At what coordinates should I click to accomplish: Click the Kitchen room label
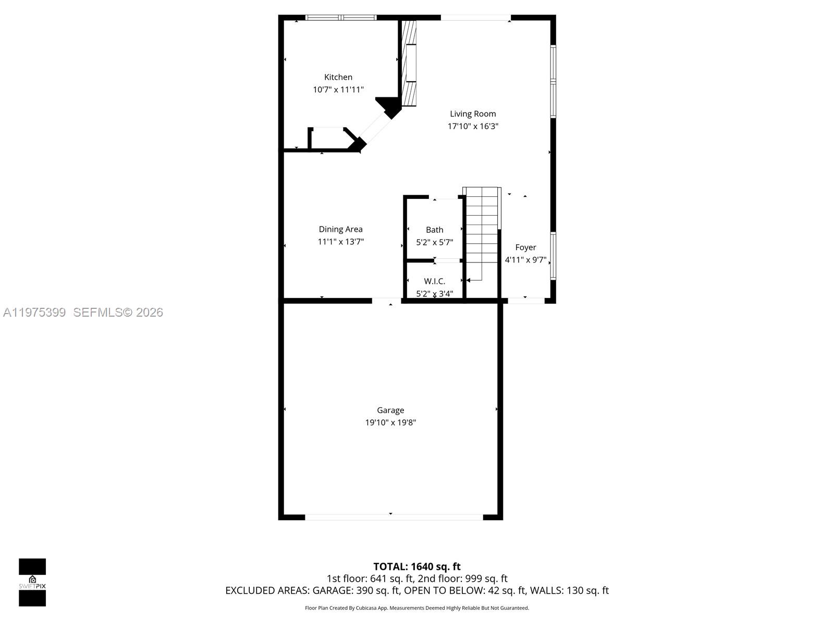[338, 77]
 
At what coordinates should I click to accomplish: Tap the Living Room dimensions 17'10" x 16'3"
[473, 126]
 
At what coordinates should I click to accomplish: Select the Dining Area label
[340, 229]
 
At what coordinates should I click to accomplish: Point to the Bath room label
[434, 230]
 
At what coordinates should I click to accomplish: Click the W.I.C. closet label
[434, 281]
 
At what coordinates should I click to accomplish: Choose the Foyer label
[525, 247]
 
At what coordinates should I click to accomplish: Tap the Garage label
[390, 410]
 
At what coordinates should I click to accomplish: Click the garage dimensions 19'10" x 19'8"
[390, 422]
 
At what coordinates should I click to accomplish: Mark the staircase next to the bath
[482, 229]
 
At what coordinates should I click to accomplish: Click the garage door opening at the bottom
[394, 517]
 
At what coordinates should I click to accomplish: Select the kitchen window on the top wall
[340, 18]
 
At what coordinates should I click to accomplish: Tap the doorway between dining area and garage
[386, 301]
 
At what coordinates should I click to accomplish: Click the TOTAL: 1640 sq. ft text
[416, 567]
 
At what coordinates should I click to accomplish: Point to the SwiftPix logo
[32, 582]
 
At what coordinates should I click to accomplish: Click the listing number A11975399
[34, 312]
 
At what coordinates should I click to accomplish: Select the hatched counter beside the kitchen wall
[410, 64]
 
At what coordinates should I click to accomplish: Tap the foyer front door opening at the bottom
[525, 301]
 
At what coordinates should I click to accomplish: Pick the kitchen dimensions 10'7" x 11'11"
[338, 90]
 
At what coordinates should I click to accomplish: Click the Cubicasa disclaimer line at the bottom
[416, 608]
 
